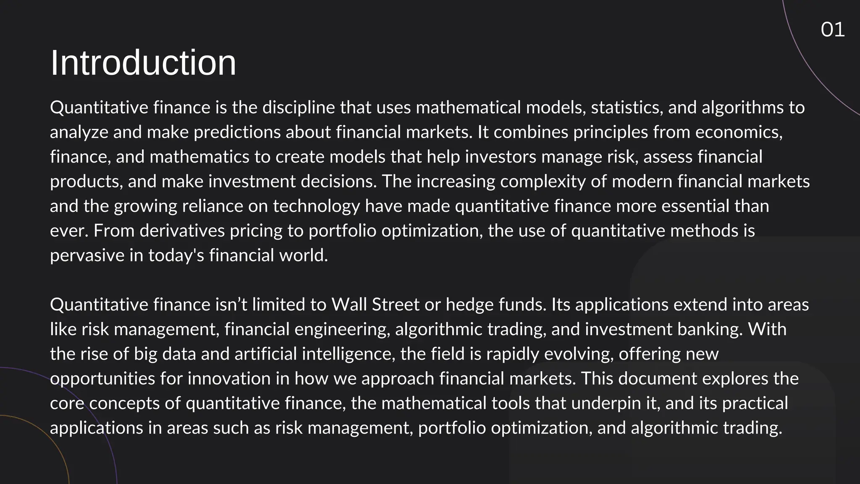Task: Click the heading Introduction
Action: click(x=143, y=63)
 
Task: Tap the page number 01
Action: click(x=833, y=30)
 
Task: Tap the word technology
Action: click(x=316, y=206)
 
